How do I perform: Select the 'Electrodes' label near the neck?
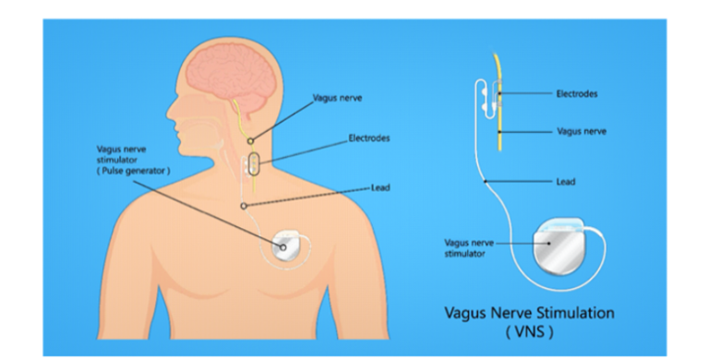click(369, 138)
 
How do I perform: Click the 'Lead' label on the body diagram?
click(380, 187)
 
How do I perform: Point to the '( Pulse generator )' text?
click(133, 172)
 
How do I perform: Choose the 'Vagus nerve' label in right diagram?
click(582, 131)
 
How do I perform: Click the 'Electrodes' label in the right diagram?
click(577, 93)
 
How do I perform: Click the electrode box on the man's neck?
click(253, 168)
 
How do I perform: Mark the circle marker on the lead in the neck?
click(243, 205)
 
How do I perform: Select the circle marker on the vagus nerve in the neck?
click(250, 140)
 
